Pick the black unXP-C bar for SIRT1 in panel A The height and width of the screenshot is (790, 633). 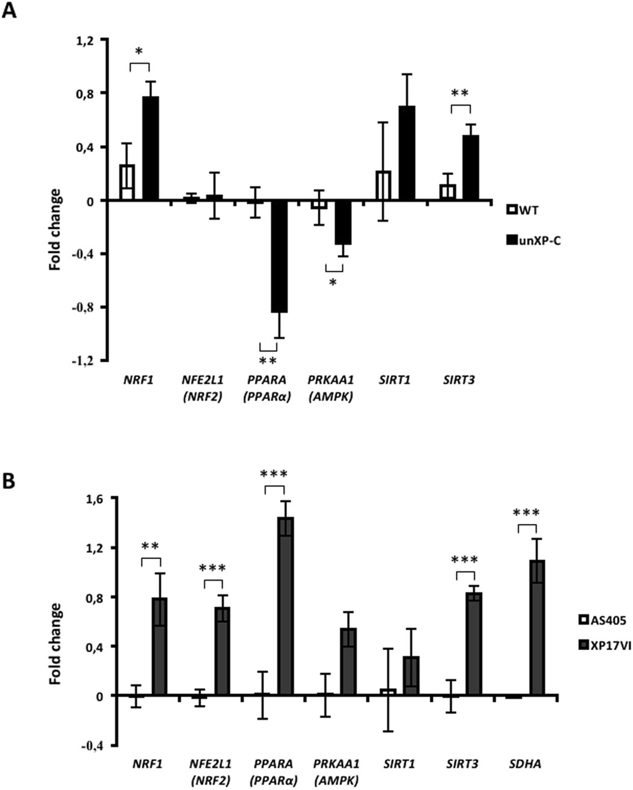tap(408, 153)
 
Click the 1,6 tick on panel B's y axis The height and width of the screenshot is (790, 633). tap(96, 499)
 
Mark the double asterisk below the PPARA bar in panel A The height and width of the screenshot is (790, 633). tap(268, 361)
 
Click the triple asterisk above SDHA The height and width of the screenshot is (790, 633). tap(526, 513)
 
